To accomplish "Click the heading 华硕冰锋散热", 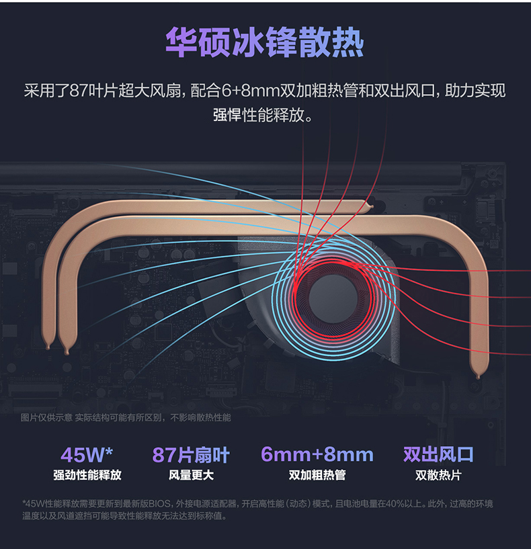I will pos(265,43).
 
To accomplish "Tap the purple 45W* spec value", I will pos(87,455).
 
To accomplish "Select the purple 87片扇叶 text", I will pos(191,455).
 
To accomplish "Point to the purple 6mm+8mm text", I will pos(317,455).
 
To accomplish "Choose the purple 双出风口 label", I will pos(438,455).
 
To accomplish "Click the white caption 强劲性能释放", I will pos(87,475).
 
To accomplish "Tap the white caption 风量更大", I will pos(191,475).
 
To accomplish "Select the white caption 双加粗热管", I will pos(317,475).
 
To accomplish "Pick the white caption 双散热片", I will pos(438,475).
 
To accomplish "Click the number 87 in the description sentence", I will pos(79,91).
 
